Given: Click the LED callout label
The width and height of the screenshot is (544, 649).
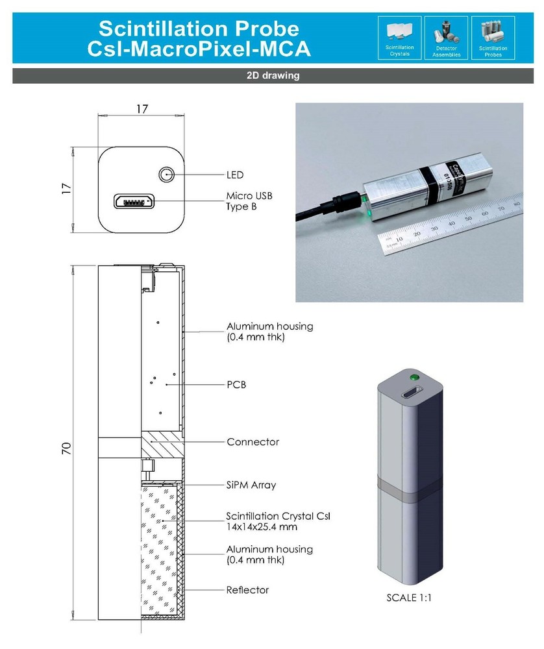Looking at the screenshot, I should click(x=235, y=175).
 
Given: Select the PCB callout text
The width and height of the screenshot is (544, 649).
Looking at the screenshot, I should click(x=236, y=385).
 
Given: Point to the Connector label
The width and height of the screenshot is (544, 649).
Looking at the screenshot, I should click(x=253, y=442).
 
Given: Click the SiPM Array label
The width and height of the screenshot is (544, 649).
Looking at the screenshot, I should click(x=251, y=485).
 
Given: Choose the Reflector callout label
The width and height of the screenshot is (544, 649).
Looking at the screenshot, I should click(x=247, y=590).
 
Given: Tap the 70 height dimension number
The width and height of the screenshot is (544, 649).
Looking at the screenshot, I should click(x=66, y=448).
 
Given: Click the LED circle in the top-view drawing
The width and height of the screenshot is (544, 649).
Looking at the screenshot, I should click(x=167, y=175).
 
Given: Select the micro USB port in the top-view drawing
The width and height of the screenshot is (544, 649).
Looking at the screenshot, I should click(x=134, y=202).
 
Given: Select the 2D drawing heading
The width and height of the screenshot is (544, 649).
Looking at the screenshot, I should click(x=273, y=75).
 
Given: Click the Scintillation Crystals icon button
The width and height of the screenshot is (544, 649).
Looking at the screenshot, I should click(x=399, y=38).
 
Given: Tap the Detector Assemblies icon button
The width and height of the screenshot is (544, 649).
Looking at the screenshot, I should click(x=446, y=38).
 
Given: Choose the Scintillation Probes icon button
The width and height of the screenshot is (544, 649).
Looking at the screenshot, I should click(x=493, y=38).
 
